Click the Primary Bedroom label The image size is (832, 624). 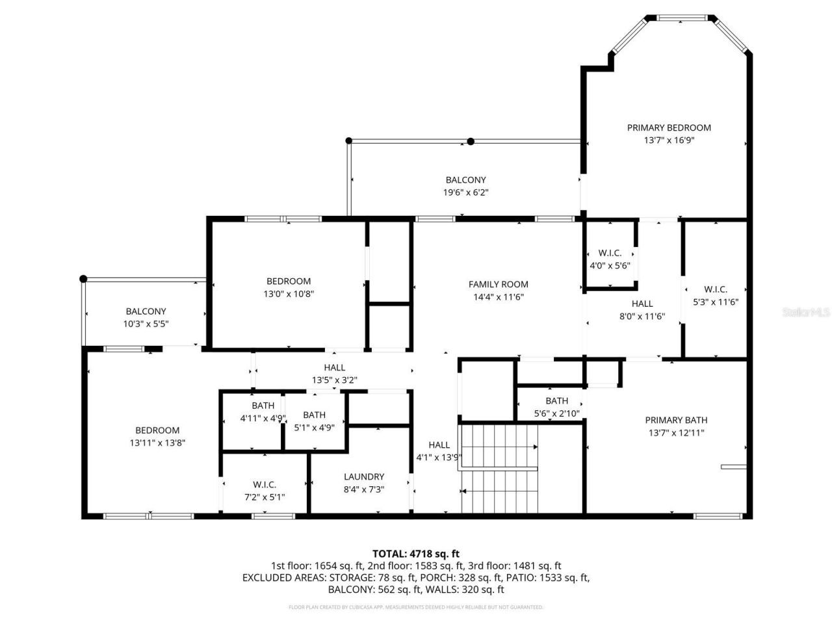tap(668, 128)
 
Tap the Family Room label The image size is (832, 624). tap(498, 284)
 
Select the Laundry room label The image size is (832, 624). tap(364, 476)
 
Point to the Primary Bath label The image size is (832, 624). tap(676, 420)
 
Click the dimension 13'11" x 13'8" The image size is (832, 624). tap(157, 443)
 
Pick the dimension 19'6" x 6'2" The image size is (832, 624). tap(465, 192)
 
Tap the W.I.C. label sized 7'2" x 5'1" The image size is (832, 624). tap(265, 484)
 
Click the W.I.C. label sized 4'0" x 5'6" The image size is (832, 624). tap(610, 253)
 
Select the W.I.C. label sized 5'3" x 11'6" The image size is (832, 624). tap(715, 289)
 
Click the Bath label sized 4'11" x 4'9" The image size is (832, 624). tap(263, 406)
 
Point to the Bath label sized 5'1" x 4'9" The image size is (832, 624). tap(314, 415)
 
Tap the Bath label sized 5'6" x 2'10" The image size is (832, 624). tap(556, 401)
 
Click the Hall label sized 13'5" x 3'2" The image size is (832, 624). tap(335, 367)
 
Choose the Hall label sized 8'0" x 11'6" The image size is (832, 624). tap(642, 304)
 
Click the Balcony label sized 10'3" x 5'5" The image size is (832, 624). tap(146, 311)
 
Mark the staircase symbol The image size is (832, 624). tap(499, 468)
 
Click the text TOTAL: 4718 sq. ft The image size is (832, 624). tap(415, 554)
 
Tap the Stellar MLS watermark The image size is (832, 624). tap(806, 313)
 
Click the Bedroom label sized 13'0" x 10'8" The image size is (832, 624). tap(289, 281)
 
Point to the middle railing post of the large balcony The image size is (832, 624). tap(471, 141)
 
